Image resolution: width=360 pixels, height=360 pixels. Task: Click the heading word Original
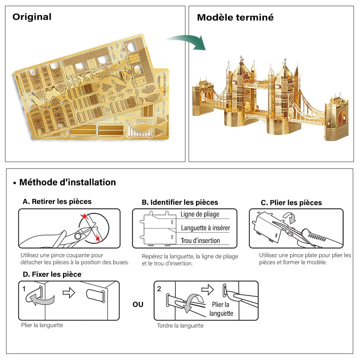32,17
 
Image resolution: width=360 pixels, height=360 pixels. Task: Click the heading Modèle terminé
235,17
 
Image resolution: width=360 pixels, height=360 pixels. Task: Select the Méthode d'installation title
67,182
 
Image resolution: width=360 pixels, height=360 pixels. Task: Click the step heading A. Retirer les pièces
57,202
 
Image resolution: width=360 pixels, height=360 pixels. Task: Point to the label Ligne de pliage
200,214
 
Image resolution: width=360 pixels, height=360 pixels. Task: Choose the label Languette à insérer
205,228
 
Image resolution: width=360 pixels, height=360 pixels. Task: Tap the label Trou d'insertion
200,241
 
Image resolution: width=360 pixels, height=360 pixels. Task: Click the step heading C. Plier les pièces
291,203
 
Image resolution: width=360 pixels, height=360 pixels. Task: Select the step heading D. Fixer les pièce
52,274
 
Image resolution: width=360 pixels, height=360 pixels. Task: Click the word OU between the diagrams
138,305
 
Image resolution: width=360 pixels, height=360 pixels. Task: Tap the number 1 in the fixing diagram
24,289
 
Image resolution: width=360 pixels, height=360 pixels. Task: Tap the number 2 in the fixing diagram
159,289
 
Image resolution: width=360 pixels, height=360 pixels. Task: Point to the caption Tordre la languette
180,326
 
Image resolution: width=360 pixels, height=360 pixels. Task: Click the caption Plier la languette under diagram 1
42,325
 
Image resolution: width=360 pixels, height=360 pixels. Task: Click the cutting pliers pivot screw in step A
78,236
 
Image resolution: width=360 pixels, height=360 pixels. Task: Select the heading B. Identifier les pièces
180,202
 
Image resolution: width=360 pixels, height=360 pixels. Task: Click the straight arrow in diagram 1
68,293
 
